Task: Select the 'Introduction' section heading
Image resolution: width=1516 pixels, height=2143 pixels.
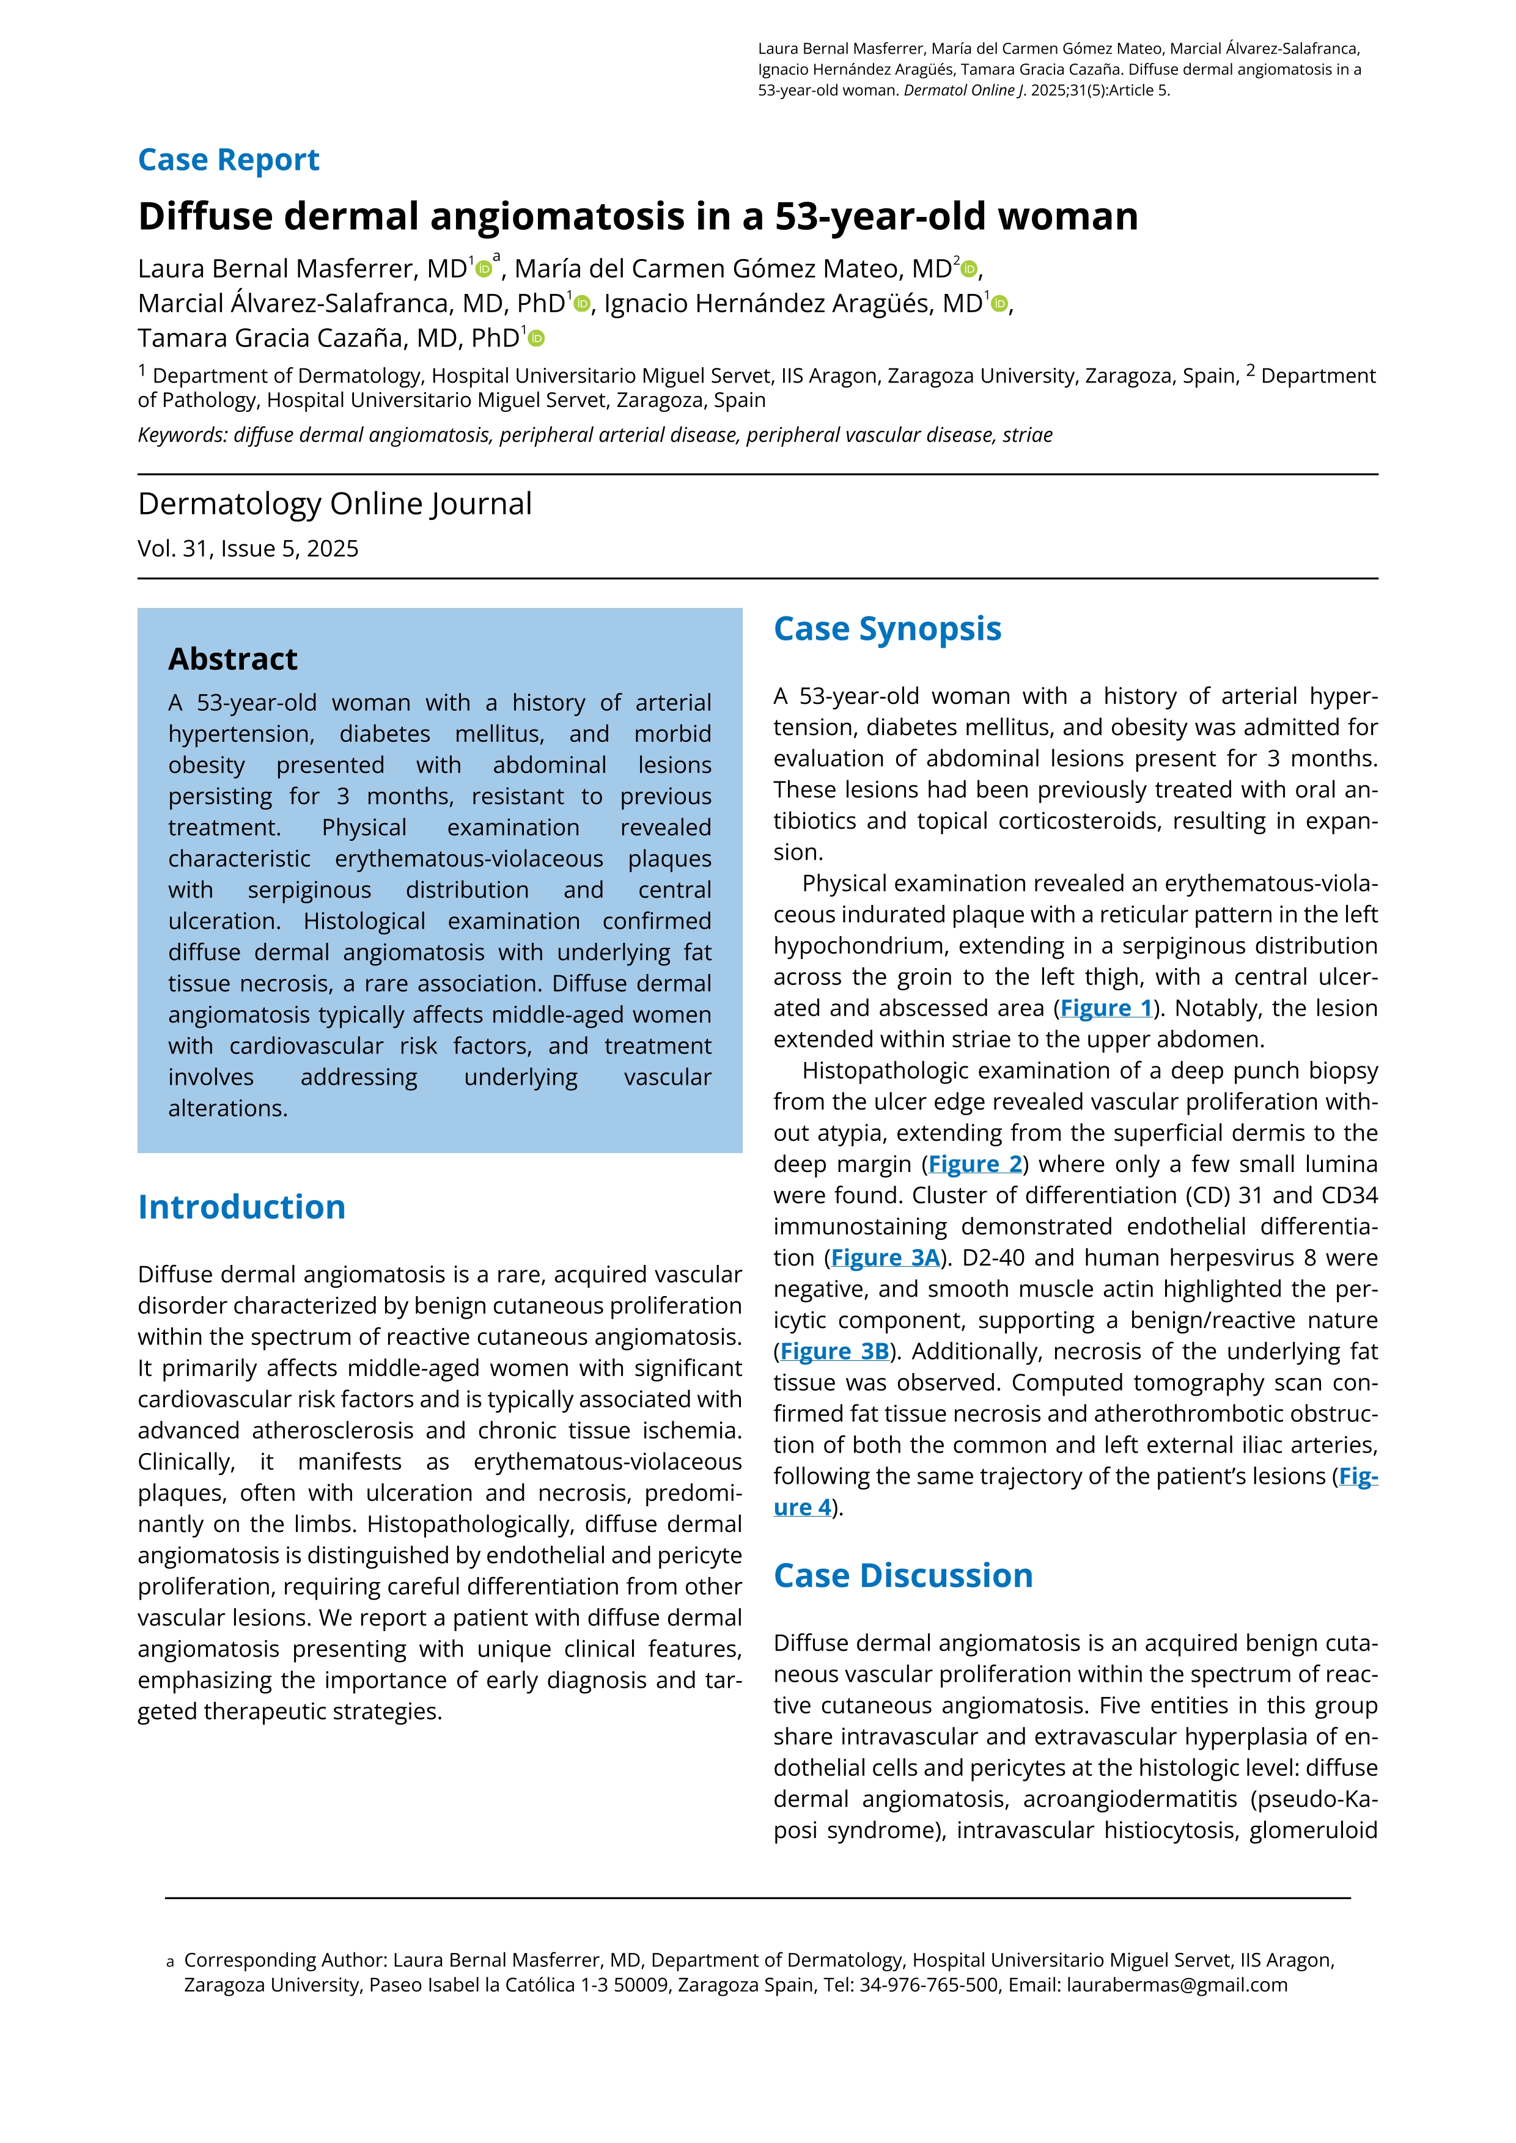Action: tap(242, 1207)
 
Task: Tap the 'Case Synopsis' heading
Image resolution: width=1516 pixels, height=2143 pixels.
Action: tap(887, 629)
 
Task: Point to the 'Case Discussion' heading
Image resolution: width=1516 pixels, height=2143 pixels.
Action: tap(903, 1575)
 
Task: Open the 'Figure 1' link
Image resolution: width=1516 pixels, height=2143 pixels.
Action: tap(1106, 1009)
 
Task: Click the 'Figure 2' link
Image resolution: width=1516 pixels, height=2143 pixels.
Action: tap(976, 1165)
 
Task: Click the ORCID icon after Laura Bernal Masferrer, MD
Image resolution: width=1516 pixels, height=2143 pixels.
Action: tap(484, 269)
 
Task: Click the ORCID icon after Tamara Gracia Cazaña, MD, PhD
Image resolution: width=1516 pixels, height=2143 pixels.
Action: tap(536, 339)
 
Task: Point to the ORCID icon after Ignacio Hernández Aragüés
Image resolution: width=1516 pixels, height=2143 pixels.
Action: tap(1000, 304)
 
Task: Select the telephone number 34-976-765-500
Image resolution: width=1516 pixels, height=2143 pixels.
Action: tap(929, 1985)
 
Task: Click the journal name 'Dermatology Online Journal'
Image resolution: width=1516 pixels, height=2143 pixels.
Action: tap(334, 504)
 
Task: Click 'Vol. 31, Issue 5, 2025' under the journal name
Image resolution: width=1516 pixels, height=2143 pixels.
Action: tap(248, 549)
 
